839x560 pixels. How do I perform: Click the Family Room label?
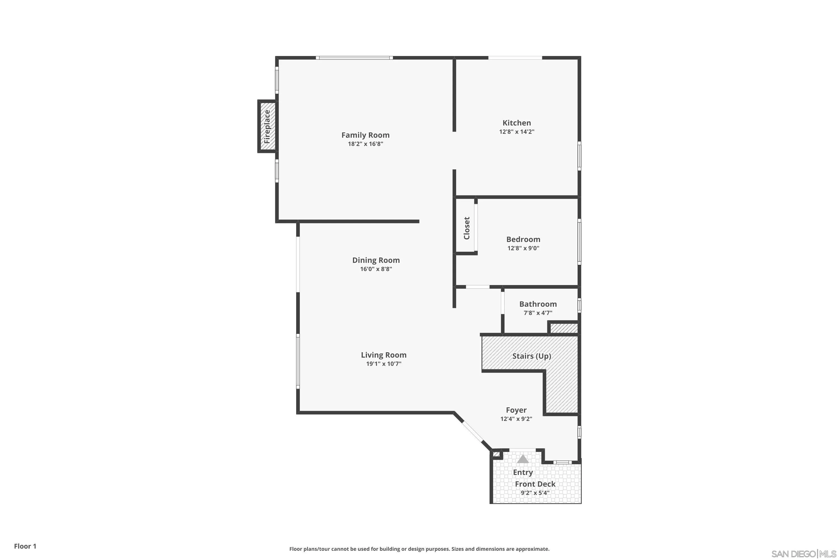(x=365, y=135)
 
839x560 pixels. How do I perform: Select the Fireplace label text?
(x=267, y=127)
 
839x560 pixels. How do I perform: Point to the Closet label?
(x=466, y=228)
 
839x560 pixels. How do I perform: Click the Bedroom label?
(x=523, y=239)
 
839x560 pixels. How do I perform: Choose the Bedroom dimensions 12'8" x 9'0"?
(x=523, y=248)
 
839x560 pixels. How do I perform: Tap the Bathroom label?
(x=538, y=304)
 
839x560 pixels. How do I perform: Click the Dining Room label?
(x=376, y=260)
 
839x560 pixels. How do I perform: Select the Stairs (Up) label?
(x=532, y=356)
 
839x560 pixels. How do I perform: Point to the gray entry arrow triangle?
(x=523, y=459)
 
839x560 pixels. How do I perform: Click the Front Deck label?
(x=535, y=484)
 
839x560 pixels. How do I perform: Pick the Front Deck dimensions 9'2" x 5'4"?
(x=535, y=493)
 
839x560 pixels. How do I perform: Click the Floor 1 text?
(x=25, y=546)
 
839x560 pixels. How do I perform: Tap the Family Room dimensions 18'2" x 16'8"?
(x=365, y=144)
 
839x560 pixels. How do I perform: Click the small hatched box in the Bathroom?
(x=564, y=328)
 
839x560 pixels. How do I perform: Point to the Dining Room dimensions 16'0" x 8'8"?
(x=376, y=269)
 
